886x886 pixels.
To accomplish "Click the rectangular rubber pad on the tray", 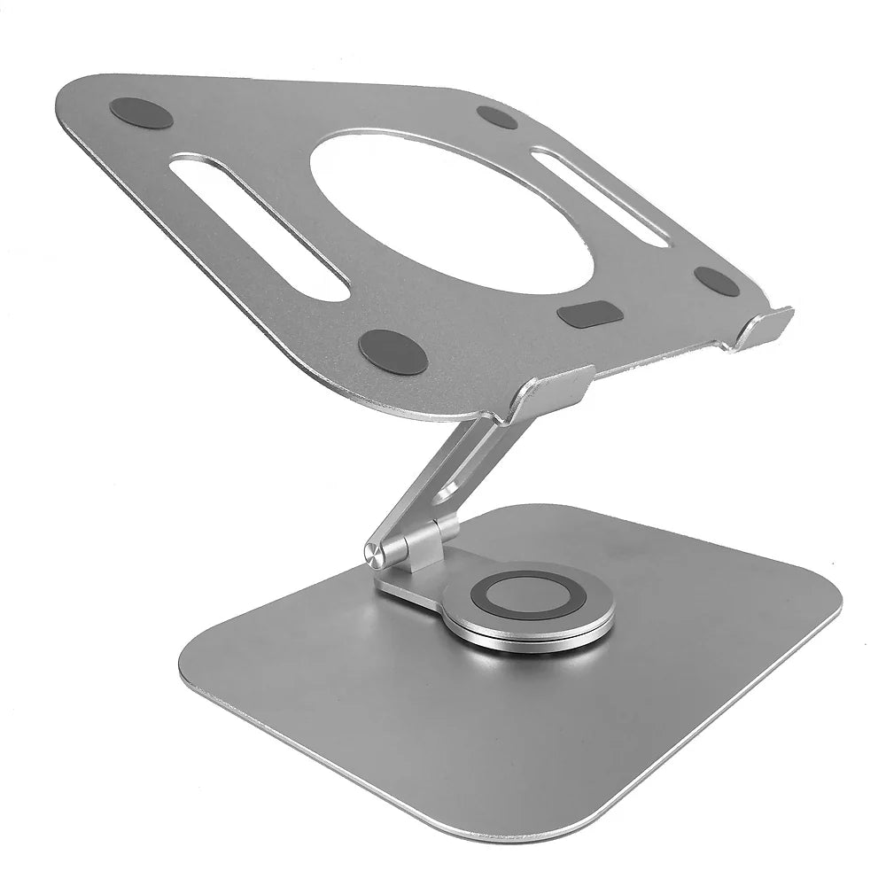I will [587, 314].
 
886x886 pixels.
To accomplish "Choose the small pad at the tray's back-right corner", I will [496, 117].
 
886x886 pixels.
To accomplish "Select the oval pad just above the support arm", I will [393, 351].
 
